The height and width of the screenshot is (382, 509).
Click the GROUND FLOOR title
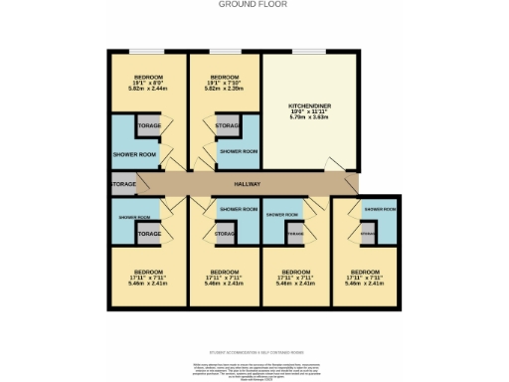(254, 4)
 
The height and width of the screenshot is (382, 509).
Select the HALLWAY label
(246, 184)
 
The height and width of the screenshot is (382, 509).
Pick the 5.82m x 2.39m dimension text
(225, 89)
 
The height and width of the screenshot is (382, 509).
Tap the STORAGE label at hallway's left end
(121, 184)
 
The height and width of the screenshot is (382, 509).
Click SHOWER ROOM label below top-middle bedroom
(239, 151)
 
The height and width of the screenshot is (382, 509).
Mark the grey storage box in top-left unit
(149, 126)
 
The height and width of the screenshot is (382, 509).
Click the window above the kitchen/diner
(308, 51)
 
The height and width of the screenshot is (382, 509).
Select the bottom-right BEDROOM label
(365, 271)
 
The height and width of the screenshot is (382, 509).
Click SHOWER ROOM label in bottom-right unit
(380, 210)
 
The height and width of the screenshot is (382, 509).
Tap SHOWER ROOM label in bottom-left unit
(134, 217)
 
